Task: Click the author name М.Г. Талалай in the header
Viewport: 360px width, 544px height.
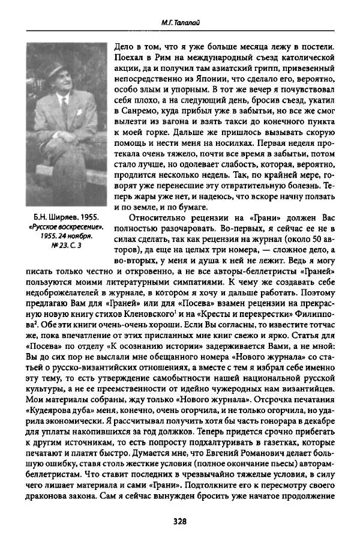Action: pyautogui.click(x=179, y=23)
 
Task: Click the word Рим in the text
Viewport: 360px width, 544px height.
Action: pyautogui.click(x=157, y=59)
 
